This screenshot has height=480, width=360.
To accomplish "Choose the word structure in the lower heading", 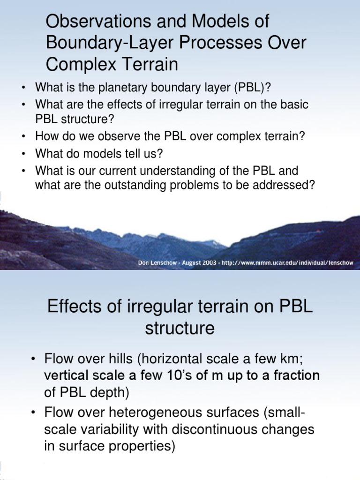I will click(x=180, y=328).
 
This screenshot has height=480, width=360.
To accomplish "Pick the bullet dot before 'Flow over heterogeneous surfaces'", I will click(x=33, y=412).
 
